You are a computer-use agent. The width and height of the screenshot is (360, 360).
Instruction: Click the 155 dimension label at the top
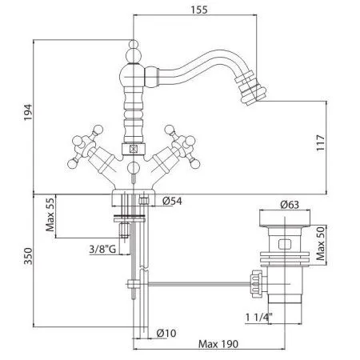click(199, 10)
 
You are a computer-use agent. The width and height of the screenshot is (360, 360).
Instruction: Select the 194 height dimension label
click(28, 112)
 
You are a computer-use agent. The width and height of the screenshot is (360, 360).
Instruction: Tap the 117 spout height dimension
click(321, 142)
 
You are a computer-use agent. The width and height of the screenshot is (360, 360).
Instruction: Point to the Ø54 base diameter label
click(172, 201)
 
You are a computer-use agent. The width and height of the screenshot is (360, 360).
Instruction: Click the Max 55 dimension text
click(50, 214)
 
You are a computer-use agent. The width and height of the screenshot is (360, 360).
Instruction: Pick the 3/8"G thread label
click(102, 249)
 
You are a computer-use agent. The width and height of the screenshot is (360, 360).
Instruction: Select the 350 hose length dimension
click(28, 256)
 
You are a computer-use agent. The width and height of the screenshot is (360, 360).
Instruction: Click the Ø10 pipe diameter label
click(166, 333)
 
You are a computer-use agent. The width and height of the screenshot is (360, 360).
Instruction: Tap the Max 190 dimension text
click(218, 344)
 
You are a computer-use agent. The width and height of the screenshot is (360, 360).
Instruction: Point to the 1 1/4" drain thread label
click(258, 317)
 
